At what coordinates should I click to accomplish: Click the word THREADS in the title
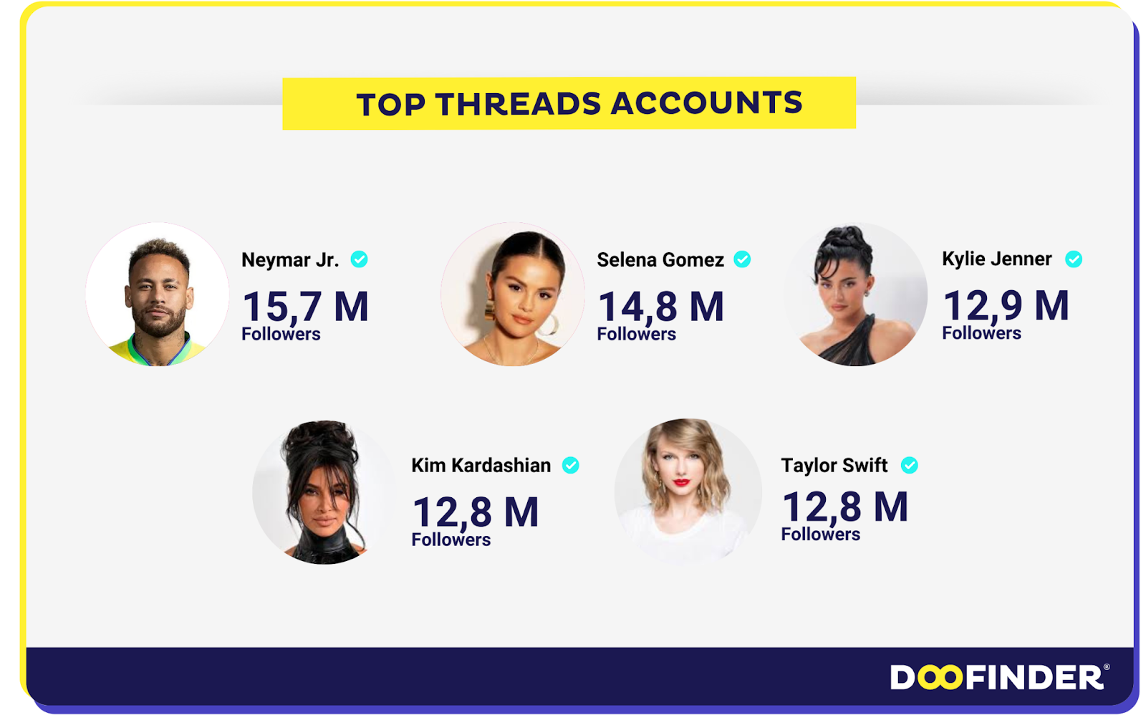(518, 104)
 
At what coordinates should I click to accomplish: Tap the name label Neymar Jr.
(290, 259)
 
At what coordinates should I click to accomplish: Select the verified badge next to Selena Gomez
(742, 259)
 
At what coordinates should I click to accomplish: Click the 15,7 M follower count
(305, 306)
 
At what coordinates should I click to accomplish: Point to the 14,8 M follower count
(660, 306)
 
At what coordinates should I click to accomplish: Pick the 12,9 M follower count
(1006, 305)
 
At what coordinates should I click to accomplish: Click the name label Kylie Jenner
(996, 259)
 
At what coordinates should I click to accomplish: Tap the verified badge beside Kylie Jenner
(1074, 259)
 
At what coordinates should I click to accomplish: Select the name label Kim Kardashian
(481, 465)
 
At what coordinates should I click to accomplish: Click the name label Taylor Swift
(834, 465)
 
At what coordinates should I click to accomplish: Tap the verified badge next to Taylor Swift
(909, 465)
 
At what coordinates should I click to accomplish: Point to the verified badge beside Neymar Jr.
(359, 259)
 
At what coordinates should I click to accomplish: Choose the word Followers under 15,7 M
(281, 334)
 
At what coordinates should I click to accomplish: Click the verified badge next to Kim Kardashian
(570, 465)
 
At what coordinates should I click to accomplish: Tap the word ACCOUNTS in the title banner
(707, 103)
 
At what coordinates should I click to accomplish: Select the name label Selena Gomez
(660, 259)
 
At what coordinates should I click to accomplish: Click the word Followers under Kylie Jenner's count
(981, 332)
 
